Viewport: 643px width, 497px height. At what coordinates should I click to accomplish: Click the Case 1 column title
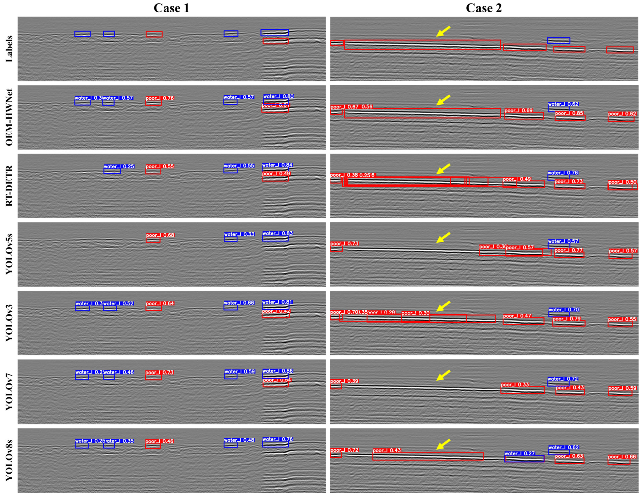pyautogui.click(x=171, y=8)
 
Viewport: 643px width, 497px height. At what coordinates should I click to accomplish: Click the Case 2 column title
pyautogui.click(x=484, y=8)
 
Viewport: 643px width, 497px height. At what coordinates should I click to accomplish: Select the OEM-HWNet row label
pyautogui.click(x=9, y=117)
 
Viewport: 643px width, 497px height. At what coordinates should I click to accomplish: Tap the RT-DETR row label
pyautogui.click(x=9, y=186)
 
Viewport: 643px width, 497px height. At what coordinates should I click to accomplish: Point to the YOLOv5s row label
pyautogui.click(x=9, y=254)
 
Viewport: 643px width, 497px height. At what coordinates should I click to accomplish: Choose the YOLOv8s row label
pyautogui.click(x=9, y=460)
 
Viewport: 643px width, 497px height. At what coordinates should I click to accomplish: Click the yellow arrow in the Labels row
pyautogui.click(x=443, y=31)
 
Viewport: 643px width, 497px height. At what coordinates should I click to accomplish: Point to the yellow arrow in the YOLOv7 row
pyautogui.click(x=443, y=375)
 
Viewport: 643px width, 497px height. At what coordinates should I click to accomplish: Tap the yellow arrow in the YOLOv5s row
pyautogui.click(x=443, y=237)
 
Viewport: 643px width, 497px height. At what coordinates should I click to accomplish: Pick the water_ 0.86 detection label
pyautogui.click(x=277, y=371)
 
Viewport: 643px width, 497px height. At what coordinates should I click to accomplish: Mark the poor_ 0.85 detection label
pyautogui.click(x=569, y=113)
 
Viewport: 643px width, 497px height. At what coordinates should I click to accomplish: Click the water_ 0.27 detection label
pyautogui.click(x=520, y=453)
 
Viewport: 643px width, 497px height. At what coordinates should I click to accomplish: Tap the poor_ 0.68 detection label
pyautogui.click(x=160, y=235)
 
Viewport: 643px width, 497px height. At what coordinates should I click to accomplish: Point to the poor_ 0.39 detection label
pyautogui.click(x=344, y=381)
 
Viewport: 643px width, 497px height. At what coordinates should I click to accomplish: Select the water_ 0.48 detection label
pyautogui.click(x=239, y=440)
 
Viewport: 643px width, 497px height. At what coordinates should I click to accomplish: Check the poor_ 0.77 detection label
pyautogui.click(x=569, y=250)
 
